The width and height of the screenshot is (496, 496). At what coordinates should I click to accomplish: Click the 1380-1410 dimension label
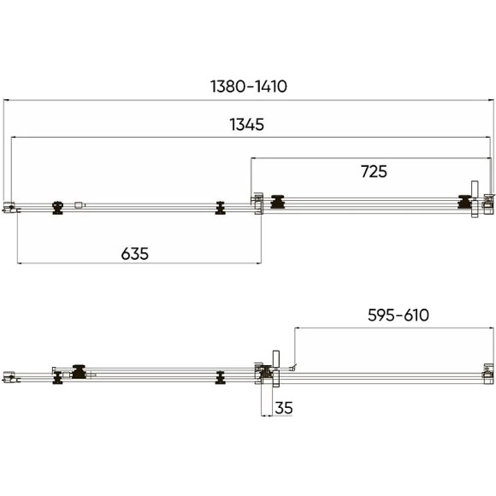tap(249, 86)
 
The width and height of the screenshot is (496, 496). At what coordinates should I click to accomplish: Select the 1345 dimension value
tap(247, 124)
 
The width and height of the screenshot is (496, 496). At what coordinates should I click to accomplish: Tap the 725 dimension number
tap(374, 171)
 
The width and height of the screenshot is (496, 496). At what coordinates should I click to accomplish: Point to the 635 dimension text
tap(135, 254)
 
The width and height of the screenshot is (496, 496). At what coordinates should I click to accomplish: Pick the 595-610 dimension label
tap(399, 315)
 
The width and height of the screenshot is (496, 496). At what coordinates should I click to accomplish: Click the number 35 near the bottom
tap(284, 408)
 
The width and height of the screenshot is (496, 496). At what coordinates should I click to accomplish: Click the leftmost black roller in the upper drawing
tap(57, 208)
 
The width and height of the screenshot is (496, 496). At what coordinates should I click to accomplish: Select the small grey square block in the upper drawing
tap(78, 205)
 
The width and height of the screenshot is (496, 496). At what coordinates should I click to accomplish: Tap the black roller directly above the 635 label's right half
tap(220, 208)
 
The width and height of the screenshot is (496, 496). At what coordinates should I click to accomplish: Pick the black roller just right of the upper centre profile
tap(278, 202)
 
